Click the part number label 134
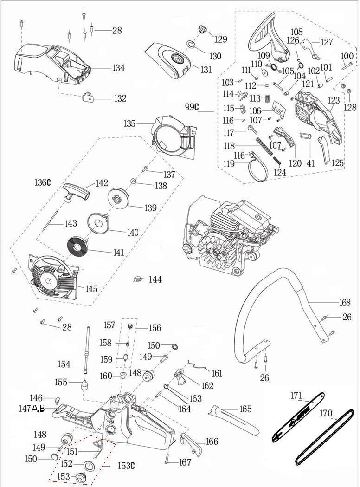pos(118,68)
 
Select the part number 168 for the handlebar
pos(345,303)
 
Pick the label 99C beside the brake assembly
pos(192,107)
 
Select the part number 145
pos(91,289)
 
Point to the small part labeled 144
pos(137,279)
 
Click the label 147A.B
pos(32,409)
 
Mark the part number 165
pos(245,409)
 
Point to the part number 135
pos(129,123)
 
